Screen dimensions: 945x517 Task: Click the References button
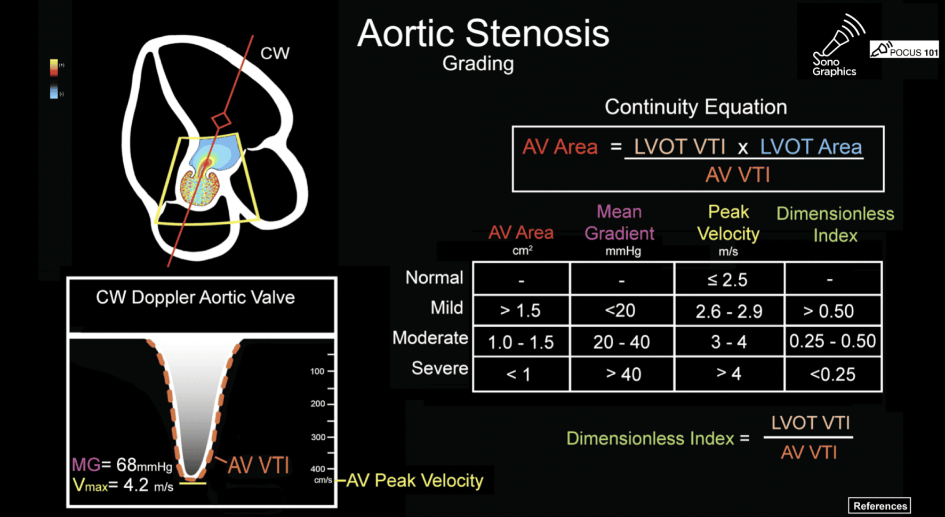tap(879, 506)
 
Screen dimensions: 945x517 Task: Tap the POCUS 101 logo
tap(904, 50)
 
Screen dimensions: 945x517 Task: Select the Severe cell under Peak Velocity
tap(729, 374)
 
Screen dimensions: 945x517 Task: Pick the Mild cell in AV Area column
tap(521, 310)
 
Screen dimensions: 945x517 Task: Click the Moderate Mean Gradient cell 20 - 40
tap(622, 342)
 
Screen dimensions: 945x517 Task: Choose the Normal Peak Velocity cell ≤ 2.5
tap(729, 279)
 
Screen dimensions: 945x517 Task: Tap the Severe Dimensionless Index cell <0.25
tap(833, 374)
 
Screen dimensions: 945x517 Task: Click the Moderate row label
tap(430, 338)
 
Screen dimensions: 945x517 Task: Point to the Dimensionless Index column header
tap(835, 224)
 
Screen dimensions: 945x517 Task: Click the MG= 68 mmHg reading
tap(122, 465)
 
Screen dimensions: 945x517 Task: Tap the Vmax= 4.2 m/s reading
tap(123, 486)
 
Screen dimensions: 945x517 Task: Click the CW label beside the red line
tap(275, 53)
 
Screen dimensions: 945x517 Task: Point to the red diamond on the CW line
tap(221, 119)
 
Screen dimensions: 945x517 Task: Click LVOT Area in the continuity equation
tap(811, 147)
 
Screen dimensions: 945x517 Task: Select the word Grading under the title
tap(478, 64)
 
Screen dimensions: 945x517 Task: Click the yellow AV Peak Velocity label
tap(414, 481)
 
